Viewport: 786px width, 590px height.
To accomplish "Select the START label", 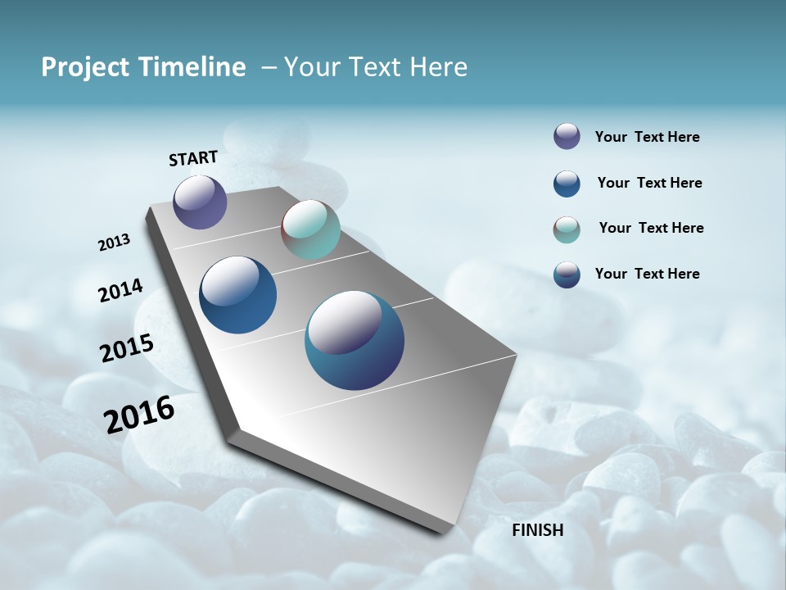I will point(193,158).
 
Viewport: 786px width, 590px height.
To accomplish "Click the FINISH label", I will point(538,530).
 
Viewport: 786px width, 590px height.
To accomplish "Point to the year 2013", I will point(115,243).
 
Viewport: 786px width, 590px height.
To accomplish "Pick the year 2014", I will point(121,290).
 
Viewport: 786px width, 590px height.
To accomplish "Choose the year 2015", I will point(127,348).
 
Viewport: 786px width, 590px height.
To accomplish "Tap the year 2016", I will point(139,414).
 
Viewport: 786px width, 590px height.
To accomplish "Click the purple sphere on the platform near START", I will point(200,202).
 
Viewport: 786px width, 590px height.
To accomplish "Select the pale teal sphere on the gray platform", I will point(310,229).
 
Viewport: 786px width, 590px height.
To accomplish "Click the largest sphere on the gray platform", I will point(355,340).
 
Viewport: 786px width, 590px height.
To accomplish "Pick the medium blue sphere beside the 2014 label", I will point(238,295).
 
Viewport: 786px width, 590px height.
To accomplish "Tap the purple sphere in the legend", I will point(567,136).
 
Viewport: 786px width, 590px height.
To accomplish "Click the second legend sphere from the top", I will point(567,184).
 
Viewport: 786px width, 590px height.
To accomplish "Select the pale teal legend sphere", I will point(567,229).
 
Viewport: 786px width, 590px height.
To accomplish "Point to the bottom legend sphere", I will point(567,275).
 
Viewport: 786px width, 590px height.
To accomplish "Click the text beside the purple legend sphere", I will point(647,137).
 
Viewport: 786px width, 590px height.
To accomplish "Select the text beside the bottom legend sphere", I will point(647,274).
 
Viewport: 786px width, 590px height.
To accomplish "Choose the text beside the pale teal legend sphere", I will point(651,228).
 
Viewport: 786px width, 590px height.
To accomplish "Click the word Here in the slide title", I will point(438,67).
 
